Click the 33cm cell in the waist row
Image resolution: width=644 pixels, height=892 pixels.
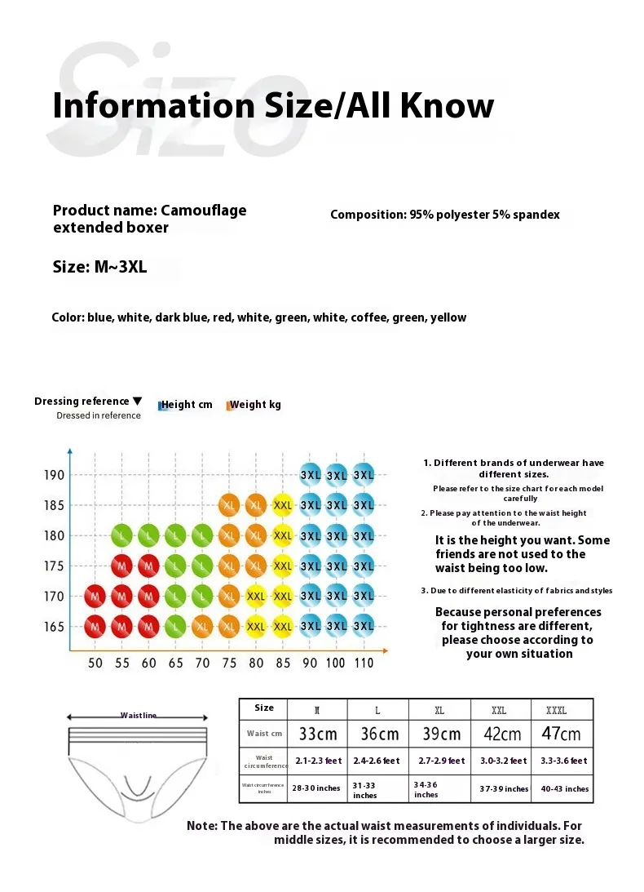[x=318, y=733]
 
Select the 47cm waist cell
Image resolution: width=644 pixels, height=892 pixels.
[x=562, y=733]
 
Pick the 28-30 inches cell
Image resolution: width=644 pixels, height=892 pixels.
[x=318, y=788]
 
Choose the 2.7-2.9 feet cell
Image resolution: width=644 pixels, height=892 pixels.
[x=439, y=761]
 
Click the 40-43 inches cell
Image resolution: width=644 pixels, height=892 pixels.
[x=562, y=788]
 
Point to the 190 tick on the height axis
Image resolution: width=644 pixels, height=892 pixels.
[x=53, y=475]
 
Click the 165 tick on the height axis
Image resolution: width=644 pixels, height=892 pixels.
[x=53, y=627]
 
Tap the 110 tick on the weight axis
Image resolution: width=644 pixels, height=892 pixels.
[x=364, y=663]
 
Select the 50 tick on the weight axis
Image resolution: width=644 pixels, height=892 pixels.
[x=95, y=663]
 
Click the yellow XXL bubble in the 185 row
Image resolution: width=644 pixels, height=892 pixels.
[x=283, y=505]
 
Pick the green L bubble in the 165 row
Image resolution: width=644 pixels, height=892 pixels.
[x=175, y=627]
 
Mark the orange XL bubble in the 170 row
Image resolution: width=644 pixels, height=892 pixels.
[x=229, y=597]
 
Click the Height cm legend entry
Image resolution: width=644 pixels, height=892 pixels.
[x=187, y=404]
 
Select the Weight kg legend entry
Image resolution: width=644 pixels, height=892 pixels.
[x=255, y=404]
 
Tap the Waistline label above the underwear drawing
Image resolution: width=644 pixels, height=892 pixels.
[x=138, y=716]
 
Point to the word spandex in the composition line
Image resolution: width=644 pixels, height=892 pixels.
[x=534, y=215]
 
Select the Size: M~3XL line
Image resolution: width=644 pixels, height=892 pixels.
[x=99, y=267]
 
